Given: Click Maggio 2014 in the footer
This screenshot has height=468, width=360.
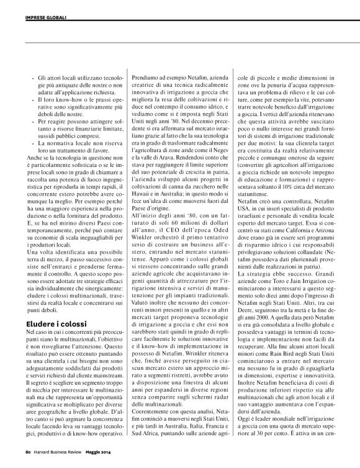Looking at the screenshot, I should pos(107,461).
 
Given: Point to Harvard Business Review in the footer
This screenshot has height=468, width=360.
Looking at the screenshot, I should pos(61,461).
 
